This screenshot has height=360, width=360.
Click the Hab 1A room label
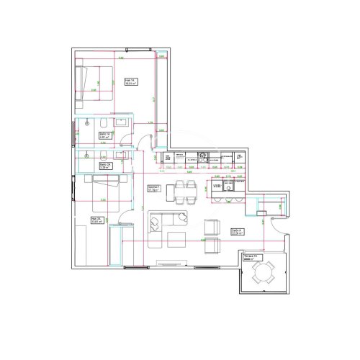click(130, 82)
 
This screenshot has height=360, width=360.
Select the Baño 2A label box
click(104, 165)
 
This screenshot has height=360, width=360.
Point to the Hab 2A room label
click(96, 221)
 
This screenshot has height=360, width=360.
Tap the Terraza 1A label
click(251, 257)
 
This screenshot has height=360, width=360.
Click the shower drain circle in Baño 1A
click(86, 122)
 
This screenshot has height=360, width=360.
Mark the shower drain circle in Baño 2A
click(87, 153)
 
